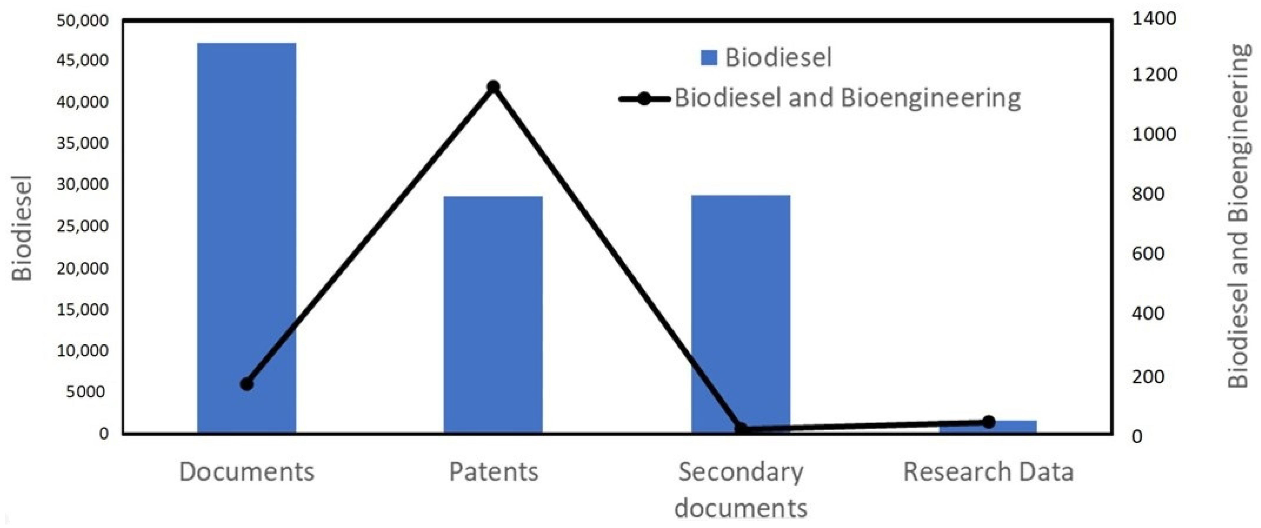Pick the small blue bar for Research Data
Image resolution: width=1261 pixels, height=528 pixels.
click(x=988, y=427)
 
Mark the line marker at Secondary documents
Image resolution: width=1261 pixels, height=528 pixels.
click(x=741, y=429)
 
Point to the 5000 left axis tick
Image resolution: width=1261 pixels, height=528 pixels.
click(x=88, y=391)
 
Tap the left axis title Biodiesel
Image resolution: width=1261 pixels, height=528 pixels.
click(x=22, y=228)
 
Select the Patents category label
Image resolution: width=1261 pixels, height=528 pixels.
click(x=494, y=472)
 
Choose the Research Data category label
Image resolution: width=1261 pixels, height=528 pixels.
click(x=988, y=472)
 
